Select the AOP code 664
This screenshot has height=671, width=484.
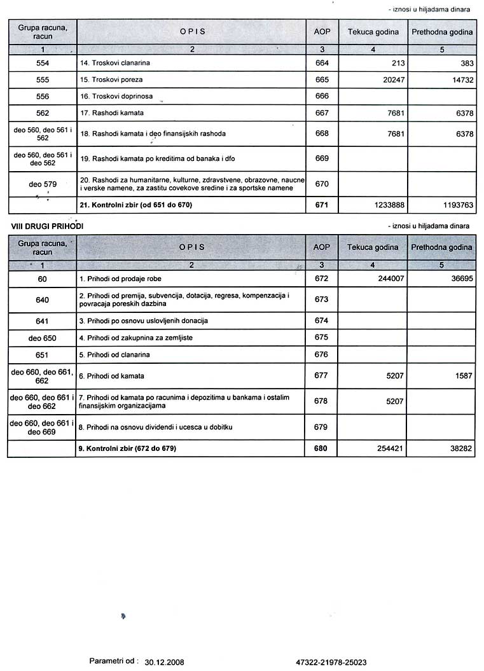coord(322,64)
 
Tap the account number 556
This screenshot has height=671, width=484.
coord(43,97)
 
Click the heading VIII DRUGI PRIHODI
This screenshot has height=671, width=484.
coord(47,226)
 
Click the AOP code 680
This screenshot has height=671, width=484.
coord(321,449)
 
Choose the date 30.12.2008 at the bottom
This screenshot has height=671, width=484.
coord(164,662)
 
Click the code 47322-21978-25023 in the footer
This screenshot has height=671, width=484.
coord(331,662)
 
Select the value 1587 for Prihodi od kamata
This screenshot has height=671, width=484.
coord(462,376)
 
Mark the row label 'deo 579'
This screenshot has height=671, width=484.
coord(43,184)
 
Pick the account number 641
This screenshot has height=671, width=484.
coord(43,321)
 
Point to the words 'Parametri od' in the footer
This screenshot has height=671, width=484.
coord(113,661)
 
